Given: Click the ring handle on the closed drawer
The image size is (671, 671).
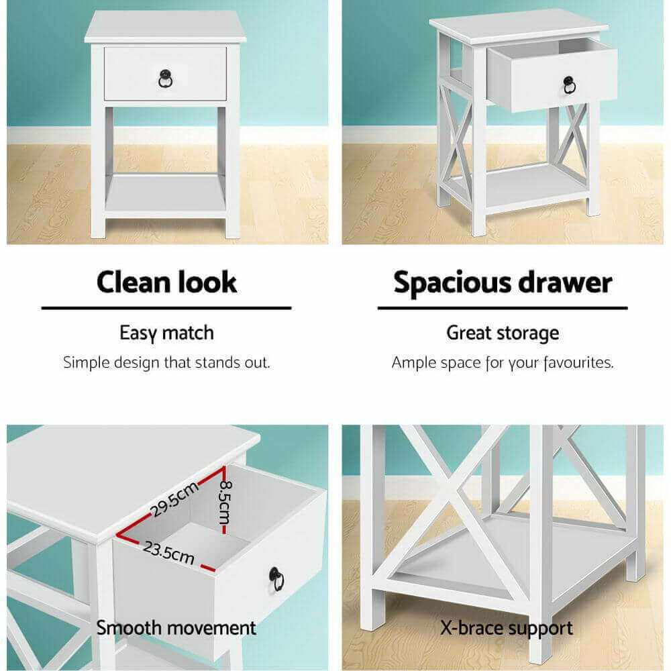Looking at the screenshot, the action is click(x=165, y=79).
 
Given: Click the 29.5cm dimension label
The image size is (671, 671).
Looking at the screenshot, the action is click(x=174, y=499).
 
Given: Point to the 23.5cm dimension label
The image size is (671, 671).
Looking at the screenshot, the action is click(x=168, y=552).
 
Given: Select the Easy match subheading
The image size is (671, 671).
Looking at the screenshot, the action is click(x=167, y=333).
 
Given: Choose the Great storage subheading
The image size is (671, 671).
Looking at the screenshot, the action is click(x=503, y=333).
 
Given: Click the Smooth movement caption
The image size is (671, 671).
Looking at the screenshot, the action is click(x=176, y=628).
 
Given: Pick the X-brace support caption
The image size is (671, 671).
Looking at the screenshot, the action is click(x=506, y=629).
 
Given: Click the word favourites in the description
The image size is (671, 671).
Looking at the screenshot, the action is click(x=578, y=363).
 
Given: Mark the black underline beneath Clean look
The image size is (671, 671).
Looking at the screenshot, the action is click(x=166, y=308).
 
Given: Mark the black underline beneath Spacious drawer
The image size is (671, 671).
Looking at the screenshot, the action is click(x=503, y=308).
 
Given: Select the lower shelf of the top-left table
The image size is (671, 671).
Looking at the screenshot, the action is click(x=165, y=195).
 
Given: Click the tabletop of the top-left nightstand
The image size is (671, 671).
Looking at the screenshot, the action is click(x=165, y=27).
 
